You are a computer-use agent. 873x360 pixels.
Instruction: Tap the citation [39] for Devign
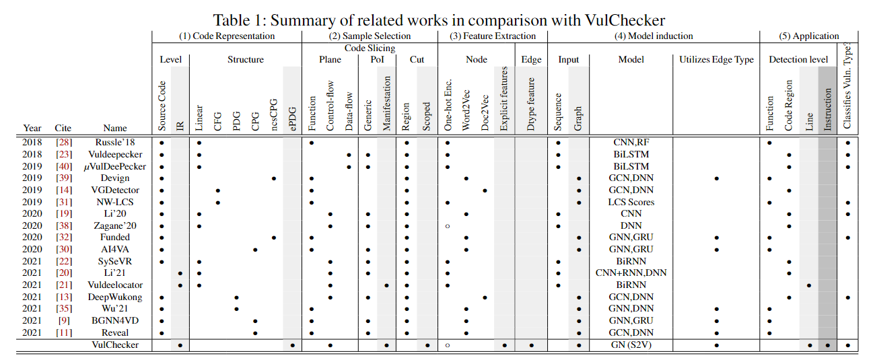tap(63, 178)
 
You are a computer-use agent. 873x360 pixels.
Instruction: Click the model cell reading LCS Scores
tap(631, 202)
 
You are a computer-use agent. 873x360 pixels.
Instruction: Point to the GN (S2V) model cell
tap(631, 345)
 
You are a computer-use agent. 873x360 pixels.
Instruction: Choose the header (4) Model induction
tap(653, 36)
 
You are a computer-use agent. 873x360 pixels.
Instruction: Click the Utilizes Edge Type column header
tap(716, 60)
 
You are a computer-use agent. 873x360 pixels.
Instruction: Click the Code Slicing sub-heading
tap(370, 48)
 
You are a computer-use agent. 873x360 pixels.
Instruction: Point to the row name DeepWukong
tap(115, 297)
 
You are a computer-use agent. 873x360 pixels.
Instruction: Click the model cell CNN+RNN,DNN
tap(631, 273)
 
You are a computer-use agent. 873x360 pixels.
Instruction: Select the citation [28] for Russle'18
tap(63, 143)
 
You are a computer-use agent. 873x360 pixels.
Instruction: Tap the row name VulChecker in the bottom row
tap(115, 345)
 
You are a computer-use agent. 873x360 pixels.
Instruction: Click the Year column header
tap(32, 128)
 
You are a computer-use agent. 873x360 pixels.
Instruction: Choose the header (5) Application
tap(808, 36)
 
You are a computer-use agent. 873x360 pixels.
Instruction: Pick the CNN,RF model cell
tap(631, 143)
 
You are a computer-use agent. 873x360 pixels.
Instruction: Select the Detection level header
tap(798, 60)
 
